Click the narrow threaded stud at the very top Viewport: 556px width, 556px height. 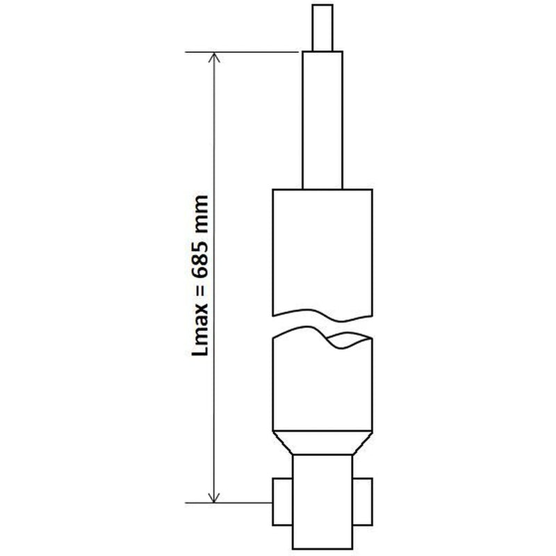click(x=322, y=28)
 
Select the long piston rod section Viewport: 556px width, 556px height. click(x=322, y=120)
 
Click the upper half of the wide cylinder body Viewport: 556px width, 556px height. click(x=322, y=252)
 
